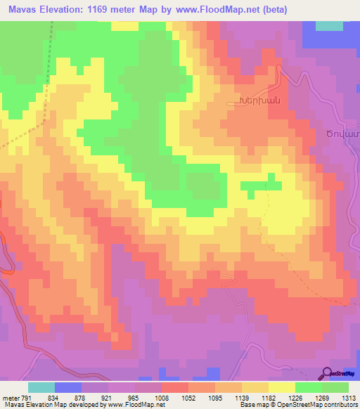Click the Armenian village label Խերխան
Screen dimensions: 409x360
pyautogui.click(x=261, y=103)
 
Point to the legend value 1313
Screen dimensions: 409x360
pyautogui.click(x=349, y=397)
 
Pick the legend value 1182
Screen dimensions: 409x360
pyautogui.click(x=269, y=397)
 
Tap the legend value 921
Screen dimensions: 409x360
pyautogui.click(x=108, y=397)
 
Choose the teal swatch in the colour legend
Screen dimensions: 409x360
pyautogui.click(x=41, y=387)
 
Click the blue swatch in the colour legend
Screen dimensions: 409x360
pyautogui.click(x=68, y=387)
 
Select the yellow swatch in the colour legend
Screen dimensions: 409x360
pyautogui.click(x=281, y=387)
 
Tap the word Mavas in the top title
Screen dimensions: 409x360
pyautogui.click(x=22, y=11)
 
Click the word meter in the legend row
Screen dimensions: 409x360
pyautogui.click(x=10, y=397)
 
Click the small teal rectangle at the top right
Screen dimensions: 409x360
pyautogui.click(x=329, y=25)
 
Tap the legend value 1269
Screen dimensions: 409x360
pyautogui.click(x=322, y=397)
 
